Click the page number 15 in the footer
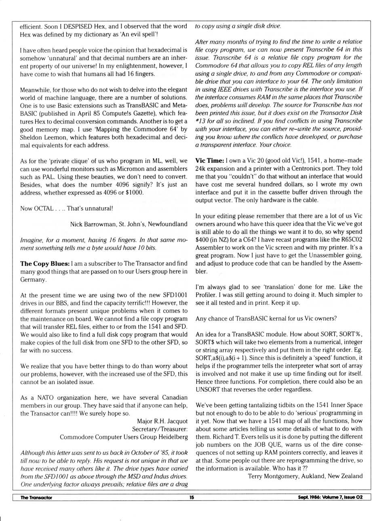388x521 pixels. (x=192, y=497)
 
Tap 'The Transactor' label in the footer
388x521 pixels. (x=36, y=497)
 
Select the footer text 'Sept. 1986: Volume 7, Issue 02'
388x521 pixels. (x=330, y=497)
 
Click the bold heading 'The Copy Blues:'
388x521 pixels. (x=45, y=264)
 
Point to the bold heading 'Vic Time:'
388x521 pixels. (x=210, y=160)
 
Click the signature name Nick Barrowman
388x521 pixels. (x=93, y=224)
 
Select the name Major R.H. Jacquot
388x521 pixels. (x=162, y=421)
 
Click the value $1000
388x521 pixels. (x=134, y=193)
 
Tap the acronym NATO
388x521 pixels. (x=45, y=398)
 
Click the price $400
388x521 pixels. (x=203, y=240)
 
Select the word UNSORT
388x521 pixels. (x=208, y=390)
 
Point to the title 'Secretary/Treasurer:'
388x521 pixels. (x=160, y=429)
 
